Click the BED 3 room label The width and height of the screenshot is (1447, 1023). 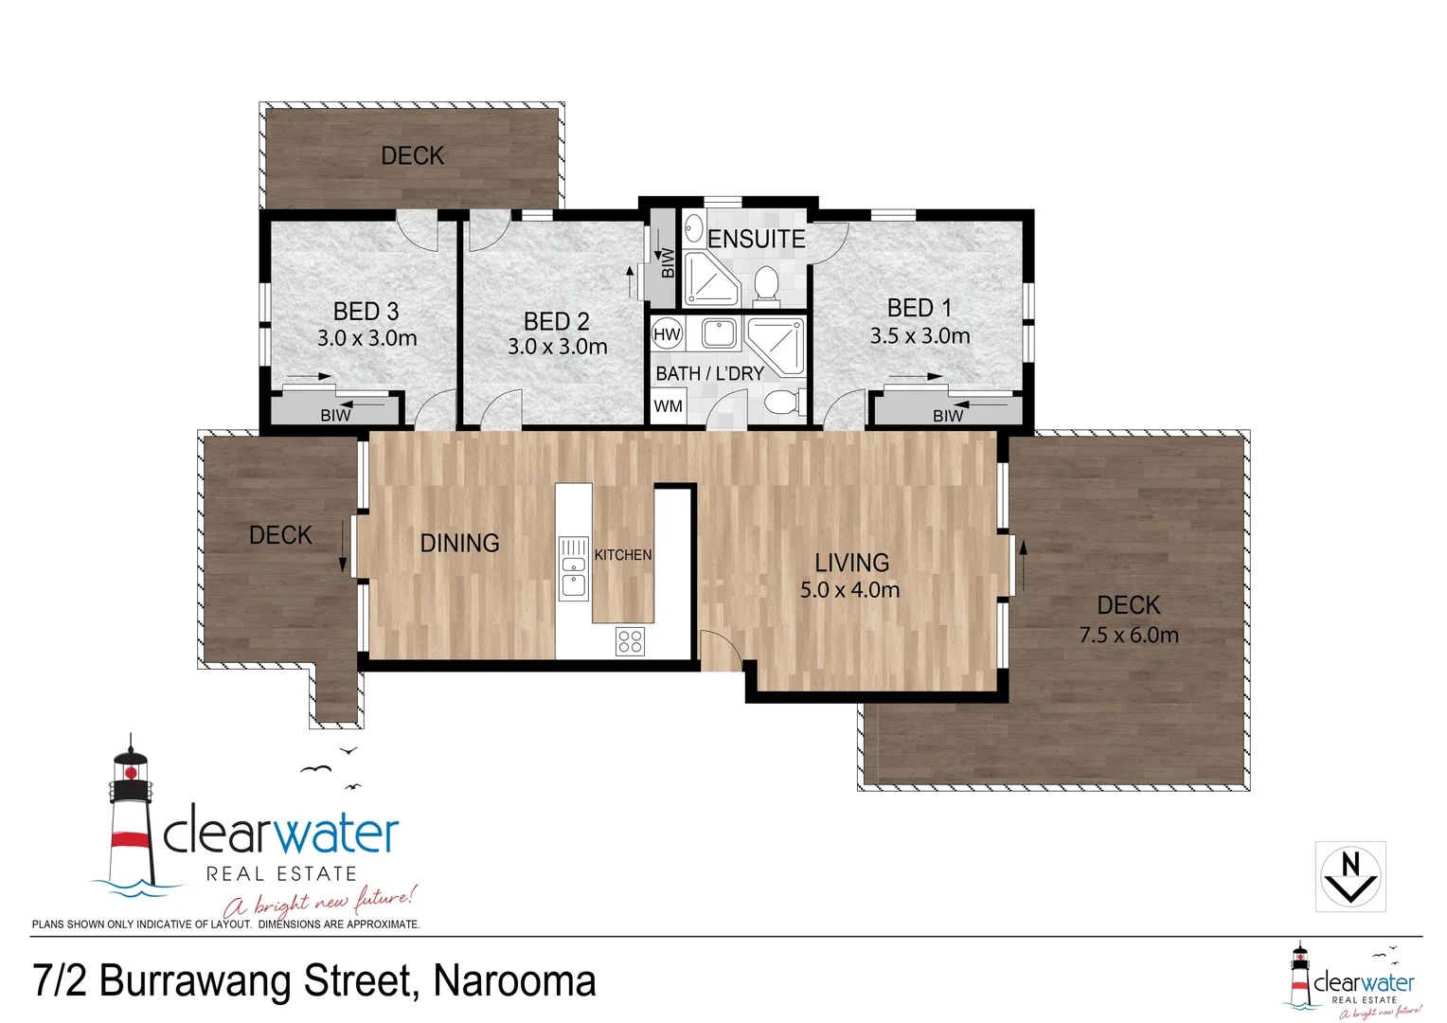tap(366, 311)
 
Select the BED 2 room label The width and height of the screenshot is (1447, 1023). tap(557, 321)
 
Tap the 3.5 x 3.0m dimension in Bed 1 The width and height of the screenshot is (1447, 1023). tap(920, 336)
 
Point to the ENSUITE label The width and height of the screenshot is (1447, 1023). tap(756, 240)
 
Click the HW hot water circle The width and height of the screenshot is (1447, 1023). tap(667, 333)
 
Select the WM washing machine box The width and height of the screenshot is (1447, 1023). tap(668, 406)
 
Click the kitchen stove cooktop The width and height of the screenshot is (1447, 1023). tap(630, 641)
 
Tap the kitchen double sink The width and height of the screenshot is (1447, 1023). tap(573, 568)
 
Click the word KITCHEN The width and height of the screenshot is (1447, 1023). tap(623, 555)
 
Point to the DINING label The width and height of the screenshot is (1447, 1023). tap(459, 543)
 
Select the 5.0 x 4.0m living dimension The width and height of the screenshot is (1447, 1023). tap(849, 590)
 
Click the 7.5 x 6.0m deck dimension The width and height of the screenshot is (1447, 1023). tap(1129, 635)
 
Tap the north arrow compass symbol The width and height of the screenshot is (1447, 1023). tap(1350, 876)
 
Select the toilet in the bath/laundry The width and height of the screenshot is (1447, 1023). tap(781, 404)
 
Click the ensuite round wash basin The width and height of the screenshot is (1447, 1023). tap(693, 229)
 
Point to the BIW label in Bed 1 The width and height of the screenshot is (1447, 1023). tap(948, 416)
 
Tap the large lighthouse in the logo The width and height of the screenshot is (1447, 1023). tap(130, 815)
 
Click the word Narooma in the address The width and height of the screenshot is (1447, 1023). tap(514, 981)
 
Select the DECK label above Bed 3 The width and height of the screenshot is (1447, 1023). tap(412, 155)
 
